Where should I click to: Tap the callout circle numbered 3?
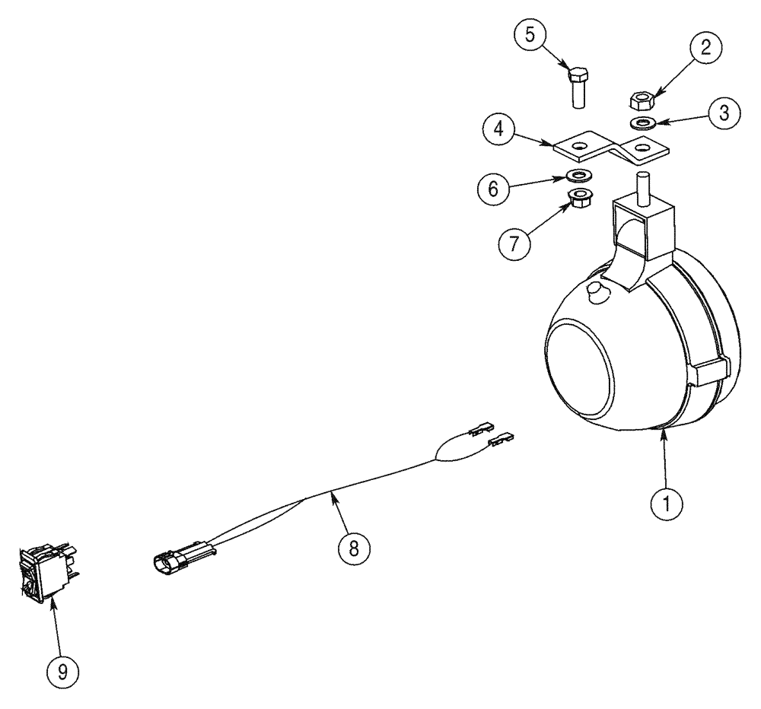click(724, 113)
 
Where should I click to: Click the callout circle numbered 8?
click(352, 548)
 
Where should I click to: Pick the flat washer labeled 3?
click(643, 122)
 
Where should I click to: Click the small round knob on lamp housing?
click(597, 292)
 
